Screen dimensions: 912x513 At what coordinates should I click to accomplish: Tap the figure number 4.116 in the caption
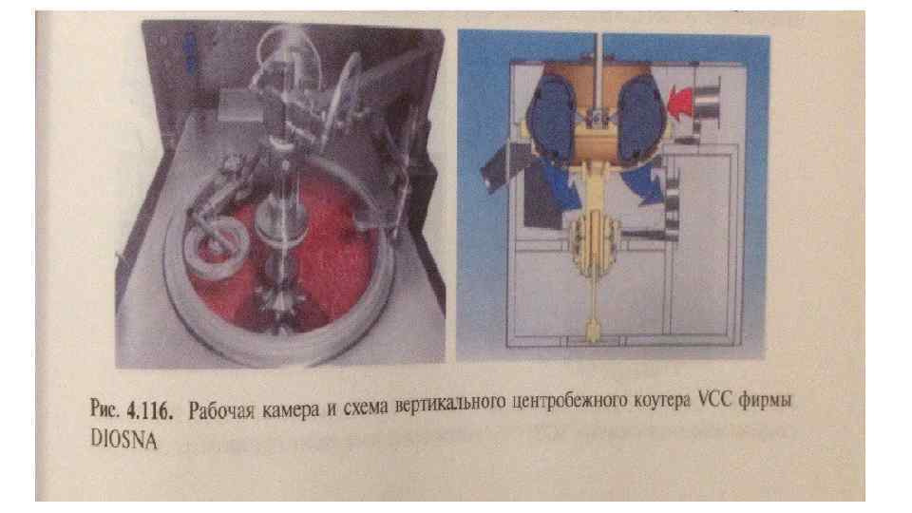coord(150,411)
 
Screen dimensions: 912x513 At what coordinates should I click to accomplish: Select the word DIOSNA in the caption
coord(123,439)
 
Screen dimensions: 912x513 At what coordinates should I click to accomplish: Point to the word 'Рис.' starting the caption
coord(105,408)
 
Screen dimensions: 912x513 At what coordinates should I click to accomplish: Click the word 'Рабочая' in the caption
coord(221,410)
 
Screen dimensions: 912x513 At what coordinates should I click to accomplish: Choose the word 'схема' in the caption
coord(366,408)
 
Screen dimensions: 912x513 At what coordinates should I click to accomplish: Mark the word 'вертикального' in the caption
coord(450,404)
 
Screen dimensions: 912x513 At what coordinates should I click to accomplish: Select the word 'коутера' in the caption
coord(662,401)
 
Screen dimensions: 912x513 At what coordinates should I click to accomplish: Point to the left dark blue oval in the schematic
coord(551,120)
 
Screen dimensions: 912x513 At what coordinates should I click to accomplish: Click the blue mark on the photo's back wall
coord(189,52)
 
